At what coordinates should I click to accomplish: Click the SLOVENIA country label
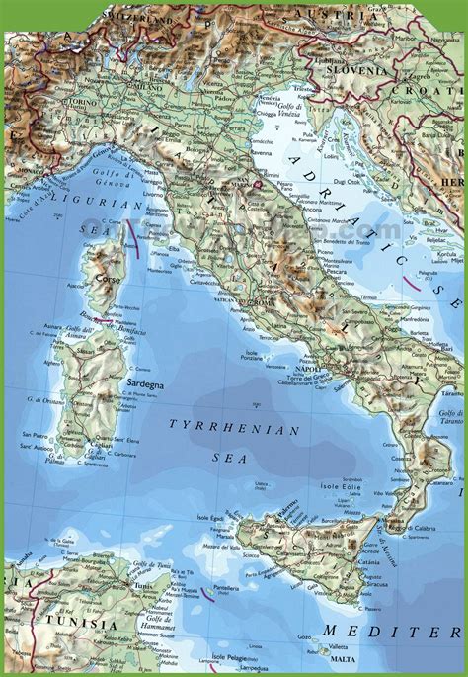click(x=357, y=71)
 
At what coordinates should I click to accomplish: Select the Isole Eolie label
click(x=338, y=488)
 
